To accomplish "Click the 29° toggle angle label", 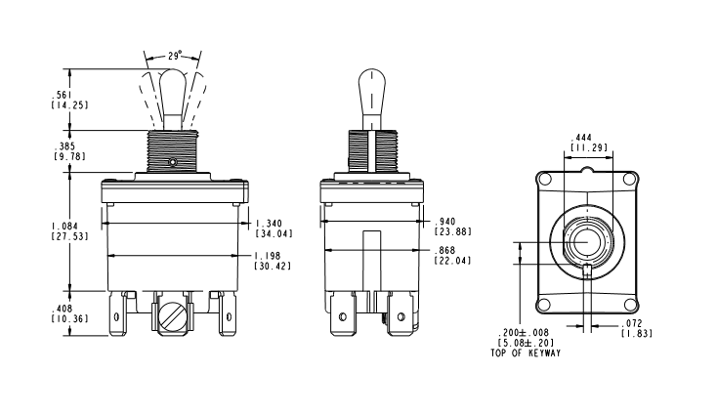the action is coord(174,56).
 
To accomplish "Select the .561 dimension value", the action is coord(60,95).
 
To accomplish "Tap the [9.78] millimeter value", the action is coord(69,156).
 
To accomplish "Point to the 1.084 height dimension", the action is coord(64,226).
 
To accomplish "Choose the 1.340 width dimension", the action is coord(269,224).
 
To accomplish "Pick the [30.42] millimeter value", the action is coord(273,266).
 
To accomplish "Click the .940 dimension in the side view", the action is coord(446,222).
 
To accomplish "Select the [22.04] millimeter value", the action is coord(452,261).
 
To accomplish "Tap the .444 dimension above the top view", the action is coord(582,137).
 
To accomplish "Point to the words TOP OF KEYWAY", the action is coord(526,353).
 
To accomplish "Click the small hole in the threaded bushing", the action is coord(172,162).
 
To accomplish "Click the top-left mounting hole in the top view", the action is coord(544,179).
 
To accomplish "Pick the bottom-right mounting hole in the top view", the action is coord(630,304).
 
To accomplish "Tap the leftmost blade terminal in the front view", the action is coord(116,314).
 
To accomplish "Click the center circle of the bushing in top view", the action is coord(587,241).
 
